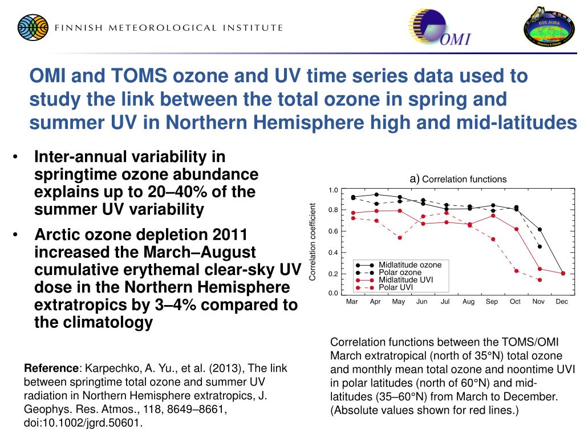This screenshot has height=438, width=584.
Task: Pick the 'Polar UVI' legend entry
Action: [x=395, y=287]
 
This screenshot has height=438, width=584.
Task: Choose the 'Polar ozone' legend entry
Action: [x=400, y=273]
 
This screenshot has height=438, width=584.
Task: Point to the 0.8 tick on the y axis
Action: [x=334, y=210]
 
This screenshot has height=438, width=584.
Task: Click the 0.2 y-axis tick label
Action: [x=334, y=274]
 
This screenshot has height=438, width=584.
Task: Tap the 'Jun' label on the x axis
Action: [x=421, y=302]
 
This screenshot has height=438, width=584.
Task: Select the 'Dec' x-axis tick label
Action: [x=562, y=302]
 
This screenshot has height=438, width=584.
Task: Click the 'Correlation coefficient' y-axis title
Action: [x=313, y=242]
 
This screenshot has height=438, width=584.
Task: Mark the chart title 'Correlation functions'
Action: [x=464, y=180]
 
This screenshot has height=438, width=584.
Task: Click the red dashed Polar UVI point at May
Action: [x=399, y=238]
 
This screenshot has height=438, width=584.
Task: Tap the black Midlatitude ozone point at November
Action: [x=540, y=229]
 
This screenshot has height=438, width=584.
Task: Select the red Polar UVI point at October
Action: [x=516, y=270]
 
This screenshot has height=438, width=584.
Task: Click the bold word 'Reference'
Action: [x=51, y=368]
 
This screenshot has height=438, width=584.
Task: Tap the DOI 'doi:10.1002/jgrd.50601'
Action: [x=83, y=423]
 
